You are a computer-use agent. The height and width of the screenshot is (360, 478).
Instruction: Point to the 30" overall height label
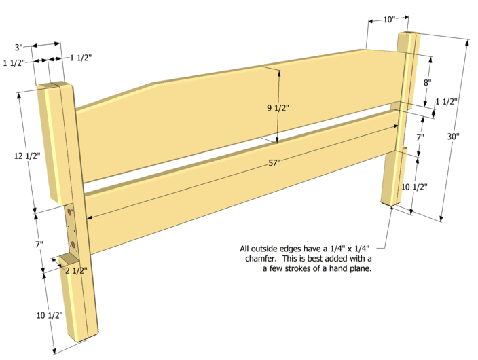[x=454, y=136]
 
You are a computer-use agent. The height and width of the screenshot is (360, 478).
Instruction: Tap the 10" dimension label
[x=389, y=20]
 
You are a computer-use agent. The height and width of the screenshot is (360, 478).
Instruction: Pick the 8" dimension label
[x=428, y=82]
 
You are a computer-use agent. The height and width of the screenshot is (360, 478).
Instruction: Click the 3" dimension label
[x=20, y=48]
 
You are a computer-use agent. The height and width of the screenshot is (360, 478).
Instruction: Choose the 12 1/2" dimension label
[x=27, y=156]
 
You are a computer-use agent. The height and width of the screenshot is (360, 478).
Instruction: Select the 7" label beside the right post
[x=420, y=137]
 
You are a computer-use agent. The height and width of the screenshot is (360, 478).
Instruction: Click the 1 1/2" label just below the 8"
[x=446, y=102]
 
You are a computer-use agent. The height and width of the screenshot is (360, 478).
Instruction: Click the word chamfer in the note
[x=256, y=258]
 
